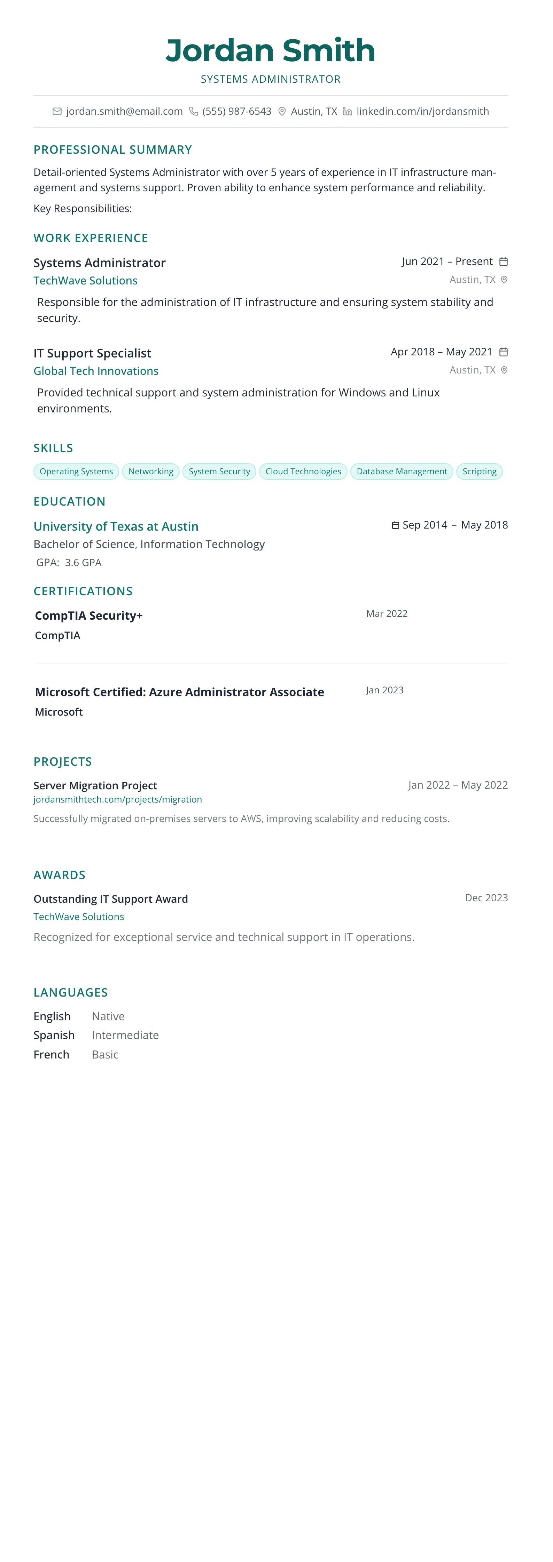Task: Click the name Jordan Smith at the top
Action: pyautogui.click(x=270, y=50)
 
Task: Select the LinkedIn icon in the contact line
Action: pyautogui.click(x=347, y=112)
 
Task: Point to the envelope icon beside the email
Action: pyautogui.click(x=57, y=112)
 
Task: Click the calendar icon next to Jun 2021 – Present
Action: pyautogui.click(x=503, y=262)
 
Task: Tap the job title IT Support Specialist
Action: pyautogui.click(x=92, y=353)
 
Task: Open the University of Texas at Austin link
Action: pyautogui.click(x=116, y=526)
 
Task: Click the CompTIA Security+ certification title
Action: pyautogui.click(x=88, y=615)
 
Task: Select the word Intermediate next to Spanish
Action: pyautogui.click(x=125, y=1035)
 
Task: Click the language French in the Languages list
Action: pyautogui.click(x=52, y=1054)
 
